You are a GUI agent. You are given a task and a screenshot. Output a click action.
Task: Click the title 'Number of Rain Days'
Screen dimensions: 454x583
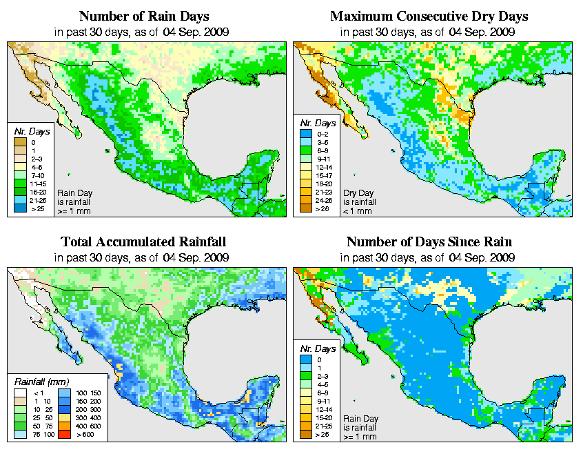point(143,15)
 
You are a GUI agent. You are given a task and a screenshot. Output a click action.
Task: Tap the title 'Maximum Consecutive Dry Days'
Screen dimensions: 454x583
point(429,15)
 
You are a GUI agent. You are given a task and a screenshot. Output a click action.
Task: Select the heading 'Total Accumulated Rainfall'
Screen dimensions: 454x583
point(143,241)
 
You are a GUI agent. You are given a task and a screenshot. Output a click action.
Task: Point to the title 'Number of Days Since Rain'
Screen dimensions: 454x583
point(429,241)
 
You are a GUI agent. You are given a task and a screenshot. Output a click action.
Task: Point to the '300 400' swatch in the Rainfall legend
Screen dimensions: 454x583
point(63,417)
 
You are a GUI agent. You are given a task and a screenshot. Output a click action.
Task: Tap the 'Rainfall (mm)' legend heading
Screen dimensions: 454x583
point(41,381)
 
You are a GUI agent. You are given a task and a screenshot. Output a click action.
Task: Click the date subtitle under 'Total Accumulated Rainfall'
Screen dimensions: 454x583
point(143,258)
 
